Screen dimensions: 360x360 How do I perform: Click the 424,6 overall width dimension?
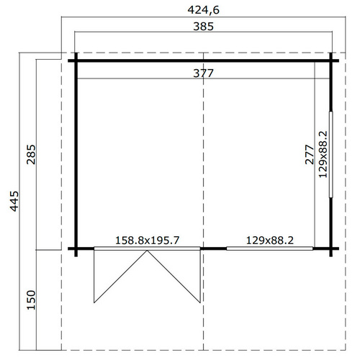click(x=203, y=10)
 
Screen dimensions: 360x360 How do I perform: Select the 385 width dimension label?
click(x=203, y=27)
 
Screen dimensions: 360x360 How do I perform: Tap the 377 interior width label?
click(x=203, y=73)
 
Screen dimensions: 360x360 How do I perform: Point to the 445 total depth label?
click(x=14, y=201)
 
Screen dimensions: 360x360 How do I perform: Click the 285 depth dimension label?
click(x=31, y=154)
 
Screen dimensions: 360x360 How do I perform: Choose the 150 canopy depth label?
click(x=31, y=300)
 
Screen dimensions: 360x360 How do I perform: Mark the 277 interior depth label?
click(x=310, y=154)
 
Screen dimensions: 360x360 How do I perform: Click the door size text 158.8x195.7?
click(x=147, y=240)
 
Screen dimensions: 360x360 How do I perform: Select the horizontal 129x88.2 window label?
click(x=270, y=240)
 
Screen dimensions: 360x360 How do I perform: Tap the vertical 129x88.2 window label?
click(x=323, y=154)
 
